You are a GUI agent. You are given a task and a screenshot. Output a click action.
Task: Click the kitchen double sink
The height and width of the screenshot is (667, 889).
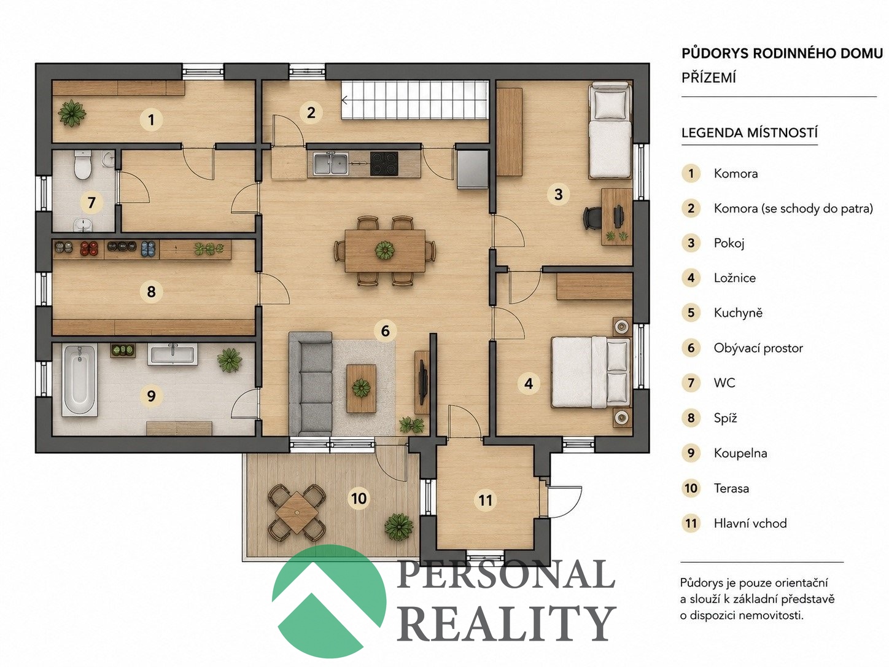tap(330, 163)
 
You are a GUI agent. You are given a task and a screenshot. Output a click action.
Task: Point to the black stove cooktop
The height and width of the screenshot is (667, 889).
tap(384, 163)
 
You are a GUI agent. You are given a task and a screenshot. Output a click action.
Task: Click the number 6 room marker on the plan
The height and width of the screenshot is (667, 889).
tap(385, 331)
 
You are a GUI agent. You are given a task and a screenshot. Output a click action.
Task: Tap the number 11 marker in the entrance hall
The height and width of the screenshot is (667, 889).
tap(485, 500)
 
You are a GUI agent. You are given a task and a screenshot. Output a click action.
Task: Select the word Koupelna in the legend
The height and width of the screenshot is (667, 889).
tap(740, 453)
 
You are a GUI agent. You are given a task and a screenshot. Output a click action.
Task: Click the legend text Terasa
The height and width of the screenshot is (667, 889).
tap(731, 488)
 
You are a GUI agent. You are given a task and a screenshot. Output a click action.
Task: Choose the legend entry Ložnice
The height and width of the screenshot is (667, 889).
tap(734, 278)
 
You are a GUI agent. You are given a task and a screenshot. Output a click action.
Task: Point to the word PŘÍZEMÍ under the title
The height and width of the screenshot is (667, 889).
tap(708, 77)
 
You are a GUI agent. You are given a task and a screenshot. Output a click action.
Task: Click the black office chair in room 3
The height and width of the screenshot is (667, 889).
tap(592, 217)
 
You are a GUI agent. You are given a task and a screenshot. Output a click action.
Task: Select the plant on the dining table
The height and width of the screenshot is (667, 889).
tap(384, 250)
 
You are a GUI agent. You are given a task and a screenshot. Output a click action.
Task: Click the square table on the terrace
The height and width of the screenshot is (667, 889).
tap(297, 513)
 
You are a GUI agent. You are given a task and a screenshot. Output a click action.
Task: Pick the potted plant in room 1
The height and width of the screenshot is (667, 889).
tap(72, 113)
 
